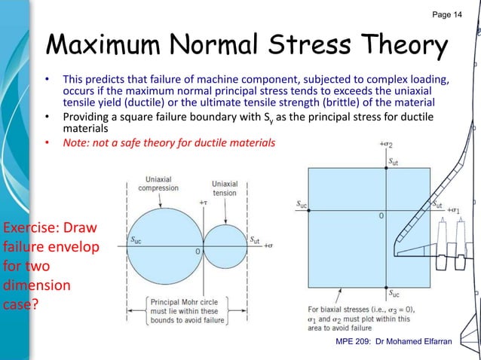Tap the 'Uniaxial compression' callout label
[x=158, y=183]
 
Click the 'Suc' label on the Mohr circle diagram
[x=139, y=239]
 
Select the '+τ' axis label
[x=201, y=203]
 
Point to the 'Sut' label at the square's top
[x=395, y=160]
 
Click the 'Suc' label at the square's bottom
[x=394, y=291]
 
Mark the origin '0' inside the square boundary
[x=381, y=215]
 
